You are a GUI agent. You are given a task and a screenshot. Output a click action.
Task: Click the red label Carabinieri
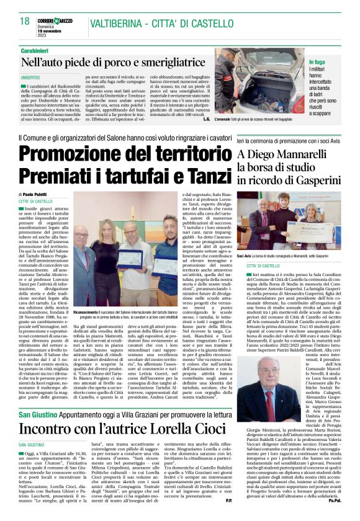click(36, 49)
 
